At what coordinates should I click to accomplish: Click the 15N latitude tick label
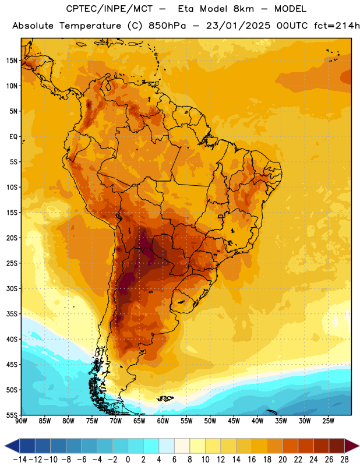point(12,61)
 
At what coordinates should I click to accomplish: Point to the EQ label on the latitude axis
point(13,137)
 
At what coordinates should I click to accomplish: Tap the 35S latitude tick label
point(12,314)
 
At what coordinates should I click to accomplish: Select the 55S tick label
point(12,415)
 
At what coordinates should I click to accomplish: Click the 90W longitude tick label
point(21,421)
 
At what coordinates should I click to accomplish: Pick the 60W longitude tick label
point(163,421)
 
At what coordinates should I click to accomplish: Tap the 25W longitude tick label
point(329,421)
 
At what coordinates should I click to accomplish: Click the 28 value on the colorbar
point(344,460)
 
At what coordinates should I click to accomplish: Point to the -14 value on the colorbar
point(20,460)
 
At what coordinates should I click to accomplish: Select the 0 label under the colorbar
point(128,460)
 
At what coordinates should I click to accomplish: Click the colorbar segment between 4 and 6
point(167,446)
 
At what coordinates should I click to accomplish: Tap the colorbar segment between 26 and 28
point(337,446)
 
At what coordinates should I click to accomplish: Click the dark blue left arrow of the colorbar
point(12,446)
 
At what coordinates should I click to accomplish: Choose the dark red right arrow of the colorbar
point(351,446)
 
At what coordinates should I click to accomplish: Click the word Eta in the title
point(186,9)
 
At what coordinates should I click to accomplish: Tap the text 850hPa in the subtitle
point(167,26)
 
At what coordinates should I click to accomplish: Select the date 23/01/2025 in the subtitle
point(238,26)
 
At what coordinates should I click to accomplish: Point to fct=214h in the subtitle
point(337,26)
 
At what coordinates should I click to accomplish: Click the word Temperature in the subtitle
point(90,26)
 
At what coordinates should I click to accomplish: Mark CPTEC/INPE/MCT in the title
point(110,9)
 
